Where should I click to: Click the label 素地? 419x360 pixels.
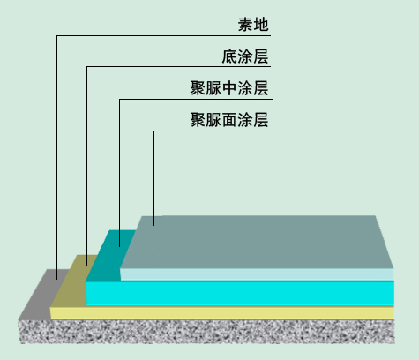253,24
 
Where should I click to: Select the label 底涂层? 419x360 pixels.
245,56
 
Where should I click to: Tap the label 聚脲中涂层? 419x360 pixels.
229,88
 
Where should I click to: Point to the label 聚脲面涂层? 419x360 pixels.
229,120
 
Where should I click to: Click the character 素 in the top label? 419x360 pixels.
245,24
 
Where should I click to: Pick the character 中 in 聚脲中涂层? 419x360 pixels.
229,88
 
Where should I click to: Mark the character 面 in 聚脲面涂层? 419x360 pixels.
229,120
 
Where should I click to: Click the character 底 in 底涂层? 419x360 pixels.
229,56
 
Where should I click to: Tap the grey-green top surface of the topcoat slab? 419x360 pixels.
258,242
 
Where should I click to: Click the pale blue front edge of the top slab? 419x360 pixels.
257,274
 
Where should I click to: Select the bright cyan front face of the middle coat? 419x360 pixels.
240,293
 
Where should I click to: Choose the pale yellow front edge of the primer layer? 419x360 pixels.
222,313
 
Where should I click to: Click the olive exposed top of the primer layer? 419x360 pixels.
73,281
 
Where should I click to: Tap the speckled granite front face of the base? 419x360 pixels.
207,332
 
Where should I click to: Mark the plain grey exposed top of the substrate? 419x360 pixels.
44,294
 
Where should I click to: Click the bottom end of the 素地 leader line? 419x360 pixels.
57,279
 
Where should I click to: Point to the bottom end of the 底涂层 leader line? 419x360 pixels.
87,265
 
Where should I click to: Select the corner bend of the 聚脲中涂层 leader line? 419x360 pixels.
119,100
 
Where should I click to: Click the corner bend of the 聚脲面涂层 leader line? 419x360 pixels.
153,131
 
